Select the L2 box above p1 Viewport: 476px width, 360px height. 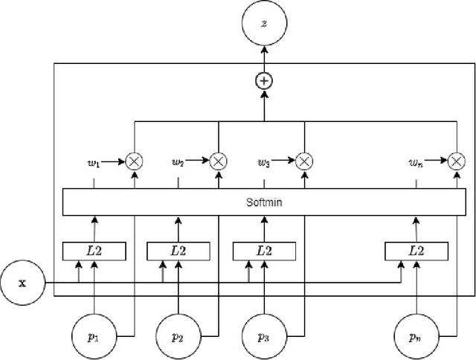coord(94,251)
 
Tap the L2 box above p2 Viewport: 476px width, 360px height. coord(178,251)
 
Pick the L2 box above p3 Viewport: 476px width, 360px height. coord(264,251)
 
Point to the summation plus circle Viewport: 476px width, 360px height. coord(264,81)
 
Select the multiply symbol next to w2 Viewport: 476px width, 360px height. coord(218,160)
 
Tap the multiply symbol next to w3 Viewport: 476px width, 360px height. coord(304,160)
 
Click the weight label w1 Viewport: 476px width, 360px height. coord(94,160)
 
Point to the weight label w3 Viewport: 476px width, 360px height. coord(263,160)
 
